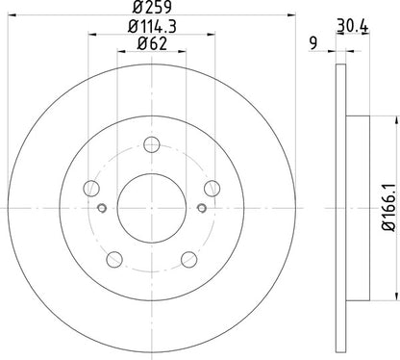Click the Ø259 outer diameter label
pos(152,12)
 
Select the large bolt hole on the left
pos(89,190)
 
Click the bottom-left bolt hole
pos(112,258)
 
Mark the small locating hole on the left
pos(101,207)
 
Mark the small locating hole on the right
pos(200,207)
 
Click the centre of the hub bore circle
pos(151,207)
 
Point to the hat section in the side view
pos(358,207)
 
